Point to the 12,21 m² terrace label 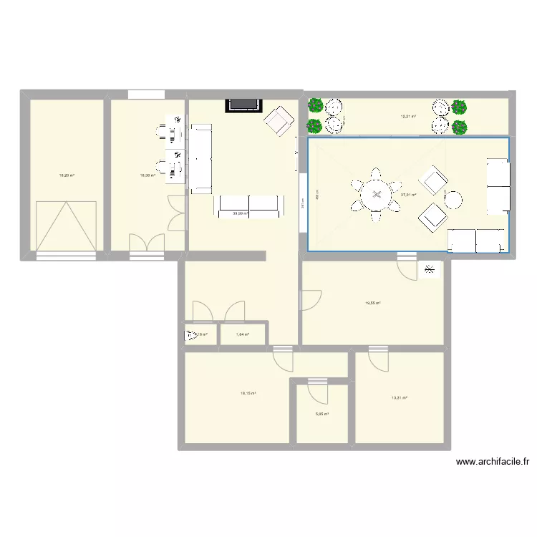coord(408,117)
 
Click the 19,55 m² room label coord(372,303)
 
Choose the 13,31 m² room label coord(399,398)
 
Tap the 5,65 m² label coord(322,414)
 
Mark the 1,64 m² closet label coord(242,334)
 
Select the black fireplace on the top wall coord(243,105)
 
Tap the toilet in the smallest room coord(191,334)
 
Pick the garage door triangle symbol coord(65,226)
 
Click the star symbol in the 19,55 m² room coord(429,269)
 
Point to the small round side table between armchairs coord(454,198)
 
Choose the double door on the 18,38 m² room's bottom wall coord(145,243)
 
